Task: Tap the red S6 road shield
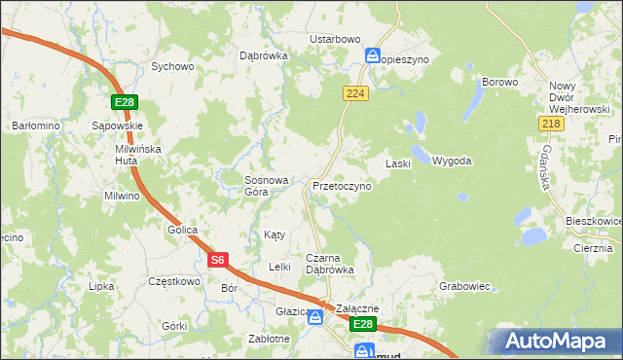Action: point(218,260)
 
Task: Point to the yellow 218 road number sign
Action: point(550,123)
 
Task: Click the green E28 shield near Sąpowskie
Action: point(123,102)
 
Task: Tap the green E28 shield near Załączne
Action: point(362,323)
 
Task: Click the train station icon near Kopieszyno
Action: point(371,55)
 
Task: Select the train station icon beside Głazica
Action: point(315,316)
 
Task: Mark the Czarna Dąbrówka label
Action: point(329,263)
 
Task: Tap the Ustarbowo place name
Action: point(335,39)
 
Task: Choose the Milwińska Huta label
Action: point(136,155)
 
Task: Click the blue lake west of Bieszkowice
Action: point(533,236)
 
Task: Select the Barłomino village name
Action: point(36,126)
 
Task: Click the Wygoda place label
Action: point(452,161)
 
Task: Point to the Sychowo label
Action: point(172,67)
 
